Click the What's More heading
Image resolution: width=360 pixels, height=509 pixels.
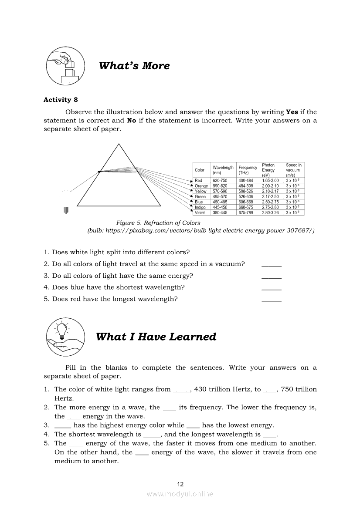click(134, 66)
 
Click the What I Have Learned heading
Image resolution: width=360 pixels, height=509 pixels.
click(156, 337)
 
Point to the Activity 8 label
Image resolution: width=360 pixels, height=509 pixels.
click(61, 100)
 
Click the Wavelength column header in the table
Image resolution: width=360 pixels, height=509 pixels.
click(223, 170)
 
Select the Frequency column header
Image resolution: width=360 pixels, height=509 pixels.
click(248, 170)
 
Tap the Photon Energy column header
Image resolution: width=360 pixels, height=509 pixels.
click(268, 170)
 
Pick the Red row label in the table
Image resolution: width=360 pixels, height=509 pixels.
click(198, 180)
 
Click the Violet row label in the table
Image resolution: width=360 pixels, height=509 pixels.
click(200, 212)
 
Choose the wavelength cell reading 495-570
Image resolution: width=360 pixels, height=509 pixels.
click(220, 196)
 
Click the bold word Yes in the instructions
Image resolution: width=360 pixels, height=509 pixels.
click(292, 112)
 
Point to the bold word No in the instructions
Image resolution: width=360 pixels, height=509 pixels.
click(132, 121)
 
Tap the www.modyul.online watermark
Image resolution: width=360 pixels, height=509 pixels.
click(180, 494)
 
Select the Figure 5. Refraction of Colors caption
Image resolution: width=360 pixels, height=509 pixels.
click(158, 223)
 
